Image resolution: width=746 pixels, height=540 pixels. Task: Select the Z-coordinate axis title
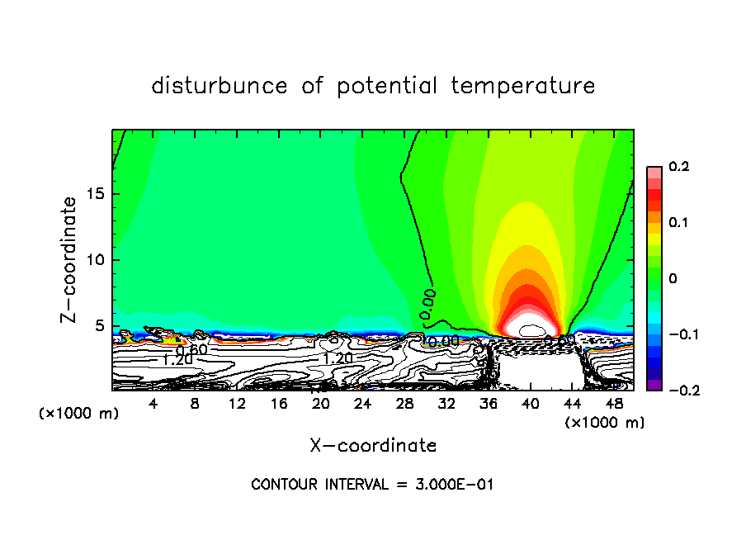pyautogui.click(x=69, y=259)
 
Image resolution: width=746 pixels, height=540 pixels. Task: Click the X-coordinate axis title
pyautogui.click(x=373, y=446)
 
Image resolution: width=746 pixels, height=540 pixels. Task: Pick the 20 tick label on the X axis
pyautogui.click(x=321, y=403)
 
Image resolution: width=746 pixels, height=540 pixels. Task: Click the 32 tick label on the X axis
pyautogui.click(x=446, y=403)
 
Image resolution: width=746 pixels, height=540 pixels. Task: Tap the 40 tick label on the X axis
pyautogui.click(x=530, y=403)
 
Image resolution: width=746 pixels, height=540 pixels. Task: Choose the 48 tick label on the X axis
pyautogui.click(x=614, y=403)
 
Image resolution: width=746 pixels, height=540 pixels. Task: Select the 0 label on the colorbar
pyautogui.click(x=673, y=279)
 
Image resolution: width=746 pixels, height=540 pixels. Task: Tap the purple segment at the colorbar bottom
pyautogui.click(x=654, y=384)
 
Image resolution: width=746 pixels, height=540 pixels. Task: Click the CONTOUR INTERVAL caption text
pyautogui.click(x=372, y=485)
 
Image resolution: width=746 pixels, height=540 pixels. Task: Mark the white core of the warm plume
pyautogui.click(x=527, y=329)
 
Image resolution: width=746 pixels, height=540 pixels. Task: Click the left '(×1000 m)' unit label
pyautogui.click(x=79, y=413)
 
